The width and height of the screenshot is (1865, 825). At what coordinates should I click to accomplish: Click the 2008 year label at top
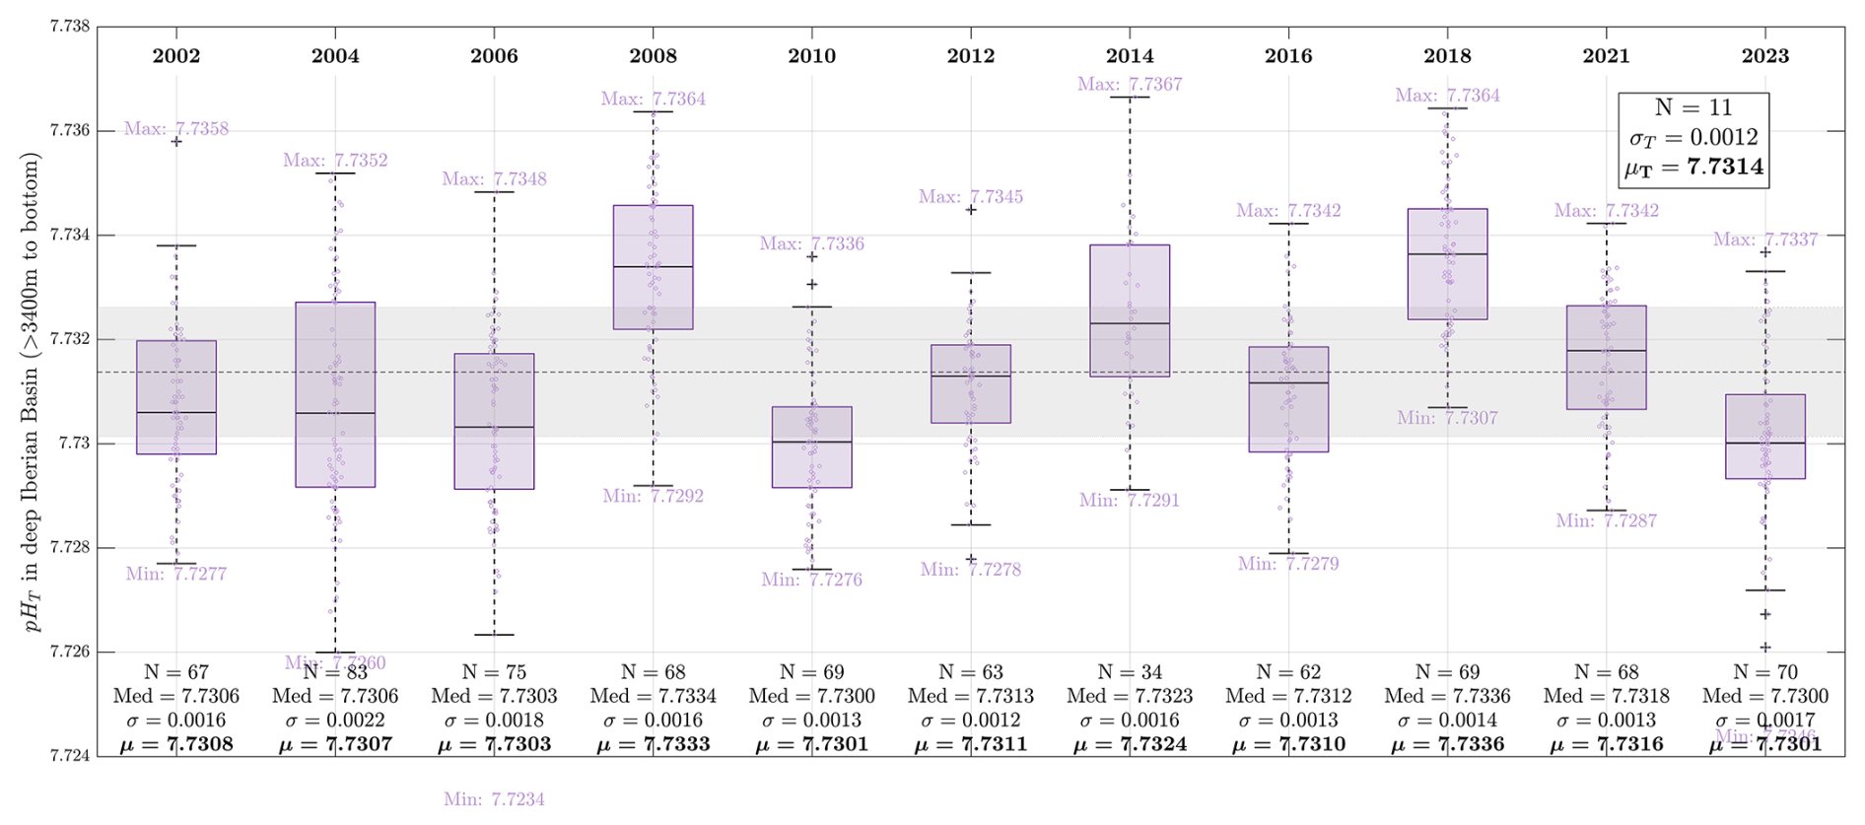pos(653,56)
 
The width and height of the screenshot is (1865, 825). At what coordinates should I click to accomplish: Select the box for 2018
pos(1447,264)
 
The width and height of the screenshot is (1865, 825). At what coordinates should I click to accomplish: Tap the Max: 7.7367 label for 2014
pos(1129,85)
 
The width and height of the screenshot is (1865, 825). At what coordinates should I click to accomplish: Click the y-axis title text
pos(32,391)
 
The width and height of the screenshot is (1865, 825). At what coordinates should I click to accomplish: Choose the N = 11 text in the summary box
pos(1692,107)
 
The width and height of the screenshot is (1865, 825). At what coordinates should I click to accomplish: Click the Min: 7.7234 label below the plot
pos(494,799)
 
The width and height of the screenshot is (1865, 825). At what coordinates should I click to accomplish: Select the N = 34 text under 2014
pos(1129,672)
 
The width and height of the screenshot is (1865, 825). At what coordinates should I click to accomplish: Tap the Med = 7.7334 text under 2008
pos(653,696)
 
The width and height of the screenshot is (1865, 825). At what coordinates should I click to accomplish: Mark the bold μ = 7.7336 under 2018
pos(1447,744)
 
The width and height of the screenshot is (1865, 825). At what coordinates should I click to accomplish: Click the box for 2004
pos(335,394)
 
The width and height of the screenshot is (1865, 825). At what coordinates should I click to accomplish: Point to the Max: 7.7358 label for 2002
pos(176,129)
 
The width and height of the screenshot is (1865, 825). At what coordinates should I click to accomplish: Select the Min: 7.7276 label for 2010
pos(811,580)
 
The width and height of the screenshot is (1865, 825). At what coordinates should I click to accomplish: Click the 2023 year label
pos(1764,56)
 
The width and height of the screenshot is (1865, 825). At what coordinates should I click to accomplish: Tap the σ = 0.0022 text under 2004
pos(335,721)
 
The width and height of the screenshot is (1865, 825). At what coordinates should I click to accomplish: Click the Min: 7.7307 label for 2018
pos(1447,418)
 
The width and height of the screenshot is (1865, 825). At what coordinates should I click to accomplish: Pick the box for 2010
pos(811,447)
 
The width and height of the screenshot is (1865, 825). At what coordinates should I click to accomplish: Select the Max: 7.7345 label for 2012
pos(970,197)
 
